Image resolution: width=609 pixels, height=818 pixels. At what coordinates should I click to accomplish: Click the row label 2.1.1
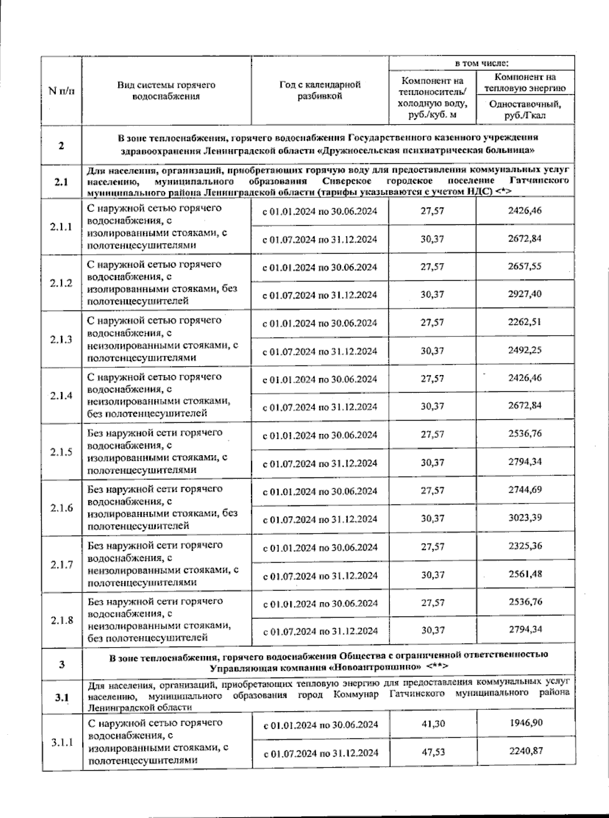(61, 227)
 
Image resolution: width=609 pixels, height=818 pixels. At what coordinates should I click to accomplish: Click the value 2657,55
(525, 266)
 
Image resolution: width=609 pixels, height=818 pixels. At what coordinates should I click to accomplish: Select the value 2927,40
(525, 294)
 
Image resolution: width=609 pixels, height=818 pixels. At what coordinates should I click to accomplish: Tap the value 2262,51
(525, 322)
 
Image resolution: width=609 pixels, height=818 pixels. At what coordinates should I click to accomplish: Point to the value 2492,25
(525, 350)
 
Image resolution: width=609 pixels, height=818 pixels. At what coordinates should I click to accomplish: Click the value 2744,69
(525, 490)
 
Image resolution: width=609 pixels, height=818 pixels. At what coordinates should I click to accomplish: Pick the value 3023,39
(525, 518)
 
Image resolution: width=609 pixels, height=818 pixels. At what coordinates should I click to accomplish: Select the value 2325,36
(525, 546)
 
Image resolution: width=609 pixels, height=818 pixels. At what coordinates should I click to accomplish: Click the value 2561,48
(525, 574)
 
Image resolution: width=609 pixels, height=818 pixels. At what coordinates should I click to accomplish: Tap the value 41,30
(432, 723)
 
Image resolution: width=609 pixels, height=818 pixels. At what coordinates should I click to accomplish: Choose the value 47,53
(432, 751)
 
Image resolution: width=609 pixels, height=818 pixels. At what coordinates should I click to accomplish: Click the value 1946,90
(526, 722)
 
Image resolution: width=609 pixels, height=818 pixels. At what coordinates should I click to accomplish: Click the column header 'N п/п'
(61, 91)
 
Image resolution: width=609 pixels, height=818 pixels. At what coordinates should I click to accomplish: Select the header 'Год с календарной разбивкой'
(319, 90)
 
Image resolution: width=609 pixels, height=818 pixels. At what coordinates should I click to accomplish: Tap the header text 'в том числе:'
(481, 63)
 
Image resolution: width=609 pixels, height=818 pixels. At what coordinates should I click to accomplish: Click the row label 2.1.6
(61, 508)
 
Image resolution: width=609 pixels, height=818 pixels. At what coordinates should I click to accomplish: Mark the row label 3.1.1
(61, 742)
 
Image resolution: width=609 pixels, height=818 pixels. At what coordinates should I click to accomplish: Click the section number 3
(61, 665)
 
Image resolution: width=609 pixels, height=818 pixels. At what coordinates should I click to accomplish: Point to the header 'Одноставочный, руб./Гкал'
(525, 110)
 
